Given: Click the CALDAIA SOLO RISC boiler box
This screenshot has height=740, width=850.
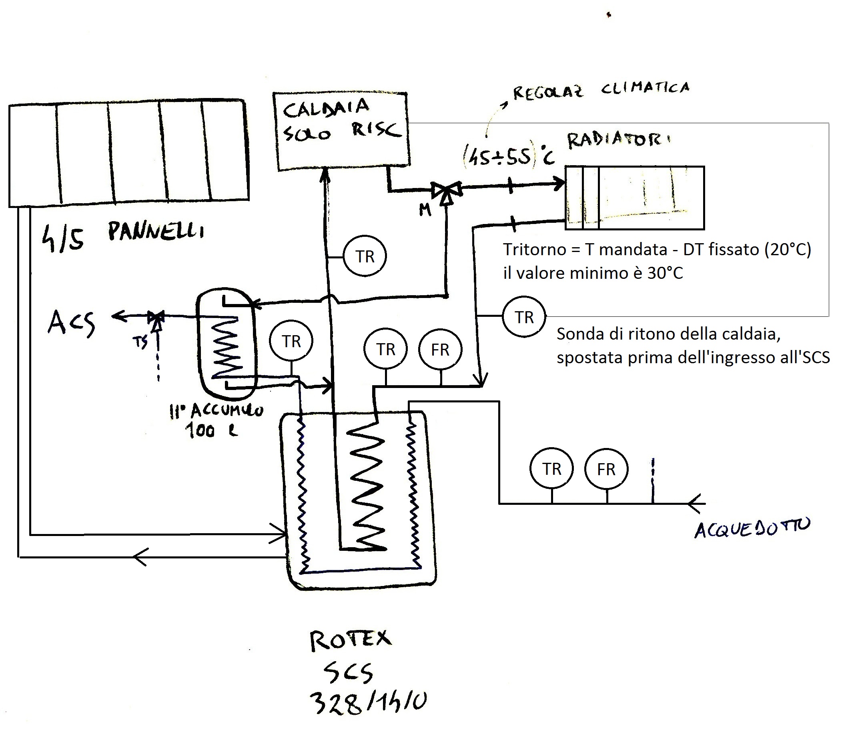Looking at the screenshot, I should [341, 131].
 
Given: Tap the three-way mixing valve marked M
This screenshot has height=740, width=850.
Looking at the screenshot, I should [446, 192].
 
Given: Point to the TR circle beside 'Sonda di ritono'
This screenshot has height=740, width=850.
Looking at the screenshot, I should [524, 317].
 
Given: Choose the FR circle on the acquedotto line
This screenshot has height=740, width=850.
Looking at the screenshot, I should [606, 469].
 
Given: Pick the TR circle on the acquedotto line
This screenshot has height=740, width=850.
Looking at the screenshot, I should [551, 469].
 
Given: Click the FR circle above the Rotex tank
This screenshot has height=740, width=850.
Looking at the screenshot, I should [440, 349].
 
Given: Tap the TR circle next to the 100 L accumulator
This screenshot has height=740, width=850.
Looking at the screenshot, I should [291, 341].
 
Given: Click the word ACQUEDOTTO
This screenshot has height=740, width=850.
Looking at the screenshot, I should [752, 528].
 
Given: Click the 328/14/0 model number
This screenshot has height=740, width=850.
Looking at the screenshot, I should [368, 703].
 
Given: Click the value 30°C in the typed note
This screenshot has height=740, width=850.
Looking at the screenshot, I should [665, 273].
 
